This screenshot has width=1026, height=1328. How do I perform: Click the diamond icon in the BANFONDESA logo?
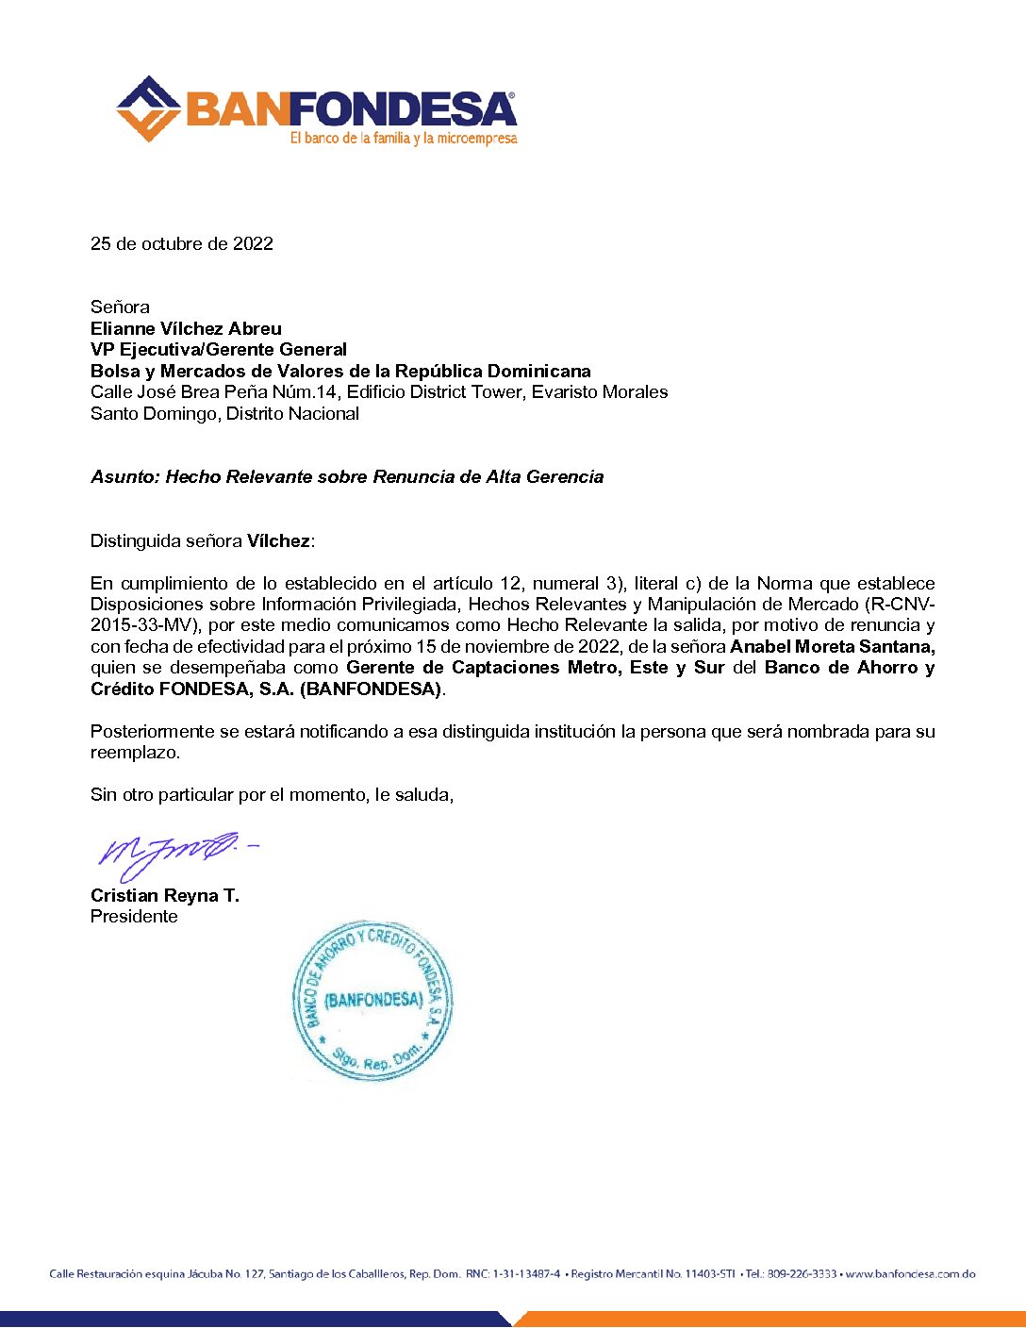tap(148, 108)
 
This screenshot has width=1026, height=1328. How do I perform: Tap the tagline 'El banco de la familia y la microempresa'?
tap(404, 139)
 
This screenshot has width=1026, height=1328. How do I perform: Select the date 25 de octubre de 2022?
tap(182, 243)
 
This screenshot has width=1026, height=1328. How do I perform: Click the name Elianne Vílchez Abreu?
tap(186, 328)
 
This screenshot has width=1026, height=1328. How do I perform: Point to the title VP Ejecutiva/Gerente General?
tap(219, 349)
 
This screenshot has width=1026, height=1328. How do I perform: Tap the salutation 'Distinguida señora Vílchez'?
tap(202, 540)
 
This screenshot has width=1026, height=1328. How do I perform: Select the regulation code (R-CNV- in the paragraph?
tap(900, 604)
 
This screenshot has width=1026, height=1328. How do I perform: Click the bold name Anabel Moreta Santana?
tap(832, 646)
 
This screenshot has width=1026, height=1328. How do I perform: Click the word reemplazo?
tap(135, 752)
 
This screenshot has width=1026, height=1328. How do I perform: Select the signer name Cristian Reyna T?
tap(165, 895)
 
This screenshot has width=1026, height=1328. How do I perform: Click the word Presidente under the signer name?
tap(134, 916)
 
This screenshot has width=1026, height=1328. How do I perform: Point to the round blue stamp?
tap(372, 1001)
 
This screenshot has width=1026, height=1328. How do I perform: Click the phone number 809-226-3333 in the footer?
tap(802, 1274)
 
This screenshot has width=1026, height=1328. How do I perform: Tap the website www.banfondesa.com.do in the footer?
tap(910, 1274)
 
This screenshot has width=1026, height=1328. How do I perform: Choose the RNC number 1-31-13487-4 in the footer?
tap(526, 1274)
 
